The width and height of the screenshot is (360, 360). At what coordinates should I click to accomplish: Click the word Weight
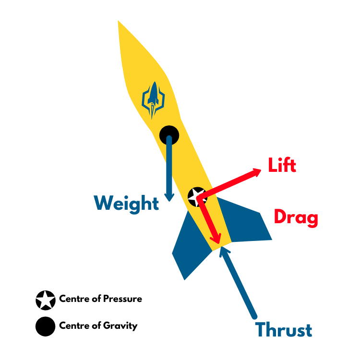127,204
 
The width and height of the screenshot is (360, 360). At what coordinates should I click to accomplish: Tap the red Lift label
282,166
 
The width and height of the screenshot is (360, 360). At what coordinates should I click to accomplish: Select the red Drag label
296,217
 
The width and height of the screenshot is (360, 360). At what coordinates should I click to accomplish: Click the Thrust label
284,330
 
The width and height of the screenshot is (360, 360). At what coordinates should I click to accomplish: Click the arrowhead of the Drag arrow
217,239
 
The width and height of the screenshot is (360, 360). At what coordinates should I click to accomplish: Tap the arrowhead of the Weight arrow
169,197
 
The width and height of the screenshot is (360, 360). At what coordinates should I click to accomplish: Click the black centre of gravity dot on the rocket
169,135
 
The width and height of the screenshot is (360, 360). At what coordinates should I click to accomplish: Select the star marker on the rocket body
196,196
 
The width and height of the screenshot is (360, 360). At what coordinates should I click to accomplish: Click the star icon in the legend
45,300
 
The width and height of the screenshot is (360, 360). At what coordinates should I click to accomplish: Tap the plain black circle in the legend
45,327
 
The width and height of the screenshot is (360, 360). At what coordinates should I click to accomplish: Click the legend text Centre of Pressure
100,299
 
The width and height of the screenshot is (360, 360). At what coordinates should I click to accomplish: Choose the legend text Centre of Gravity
98,326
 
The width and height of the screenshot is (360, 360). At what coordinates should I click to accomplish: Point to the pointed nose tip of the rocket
119,22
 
